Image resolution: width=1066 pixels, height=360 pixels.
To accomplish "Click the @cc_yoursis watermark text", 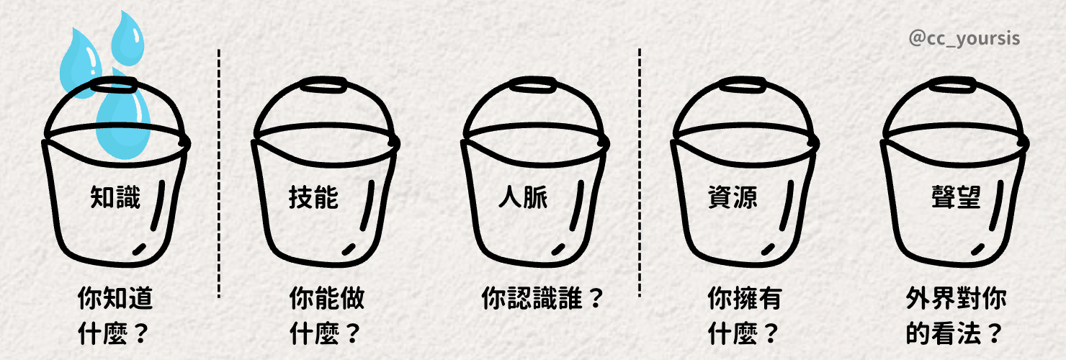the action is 964,39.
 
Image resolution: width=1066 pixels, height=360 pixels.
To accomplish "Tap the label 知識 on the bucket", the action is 116,197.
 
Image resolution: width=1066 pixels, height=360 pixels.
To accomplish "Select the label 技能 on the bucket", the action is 313,197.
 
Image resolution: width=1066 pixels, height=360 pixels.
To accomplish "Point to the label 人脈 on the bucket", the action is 523,197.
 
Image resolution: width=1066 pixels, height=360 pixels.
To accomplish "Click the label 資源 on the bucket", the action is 733,197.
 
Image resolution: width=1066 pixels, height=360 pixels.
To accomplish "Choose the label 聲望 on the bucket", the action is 956,197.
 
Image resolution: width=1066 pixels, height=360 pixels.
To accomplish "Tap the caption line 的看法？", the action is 954,334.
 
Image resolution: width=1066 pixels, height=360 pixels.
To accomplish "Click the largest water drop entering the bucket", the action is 123,119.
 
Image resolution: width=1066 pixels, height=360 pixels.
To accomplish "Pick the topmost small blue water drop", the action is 127,39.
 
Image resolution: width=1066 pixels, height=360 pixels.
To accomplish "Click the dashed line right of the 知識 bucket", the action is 219,174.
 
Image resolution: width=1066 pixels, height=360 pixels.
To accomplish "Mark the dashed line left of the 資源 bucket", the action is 640,173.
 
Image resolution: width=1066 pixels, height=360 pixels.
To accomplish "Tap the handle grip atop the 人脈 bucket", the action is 533,86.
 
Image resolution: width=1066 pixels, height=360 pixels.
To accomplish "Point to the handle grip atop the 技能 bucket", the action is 323,86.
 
